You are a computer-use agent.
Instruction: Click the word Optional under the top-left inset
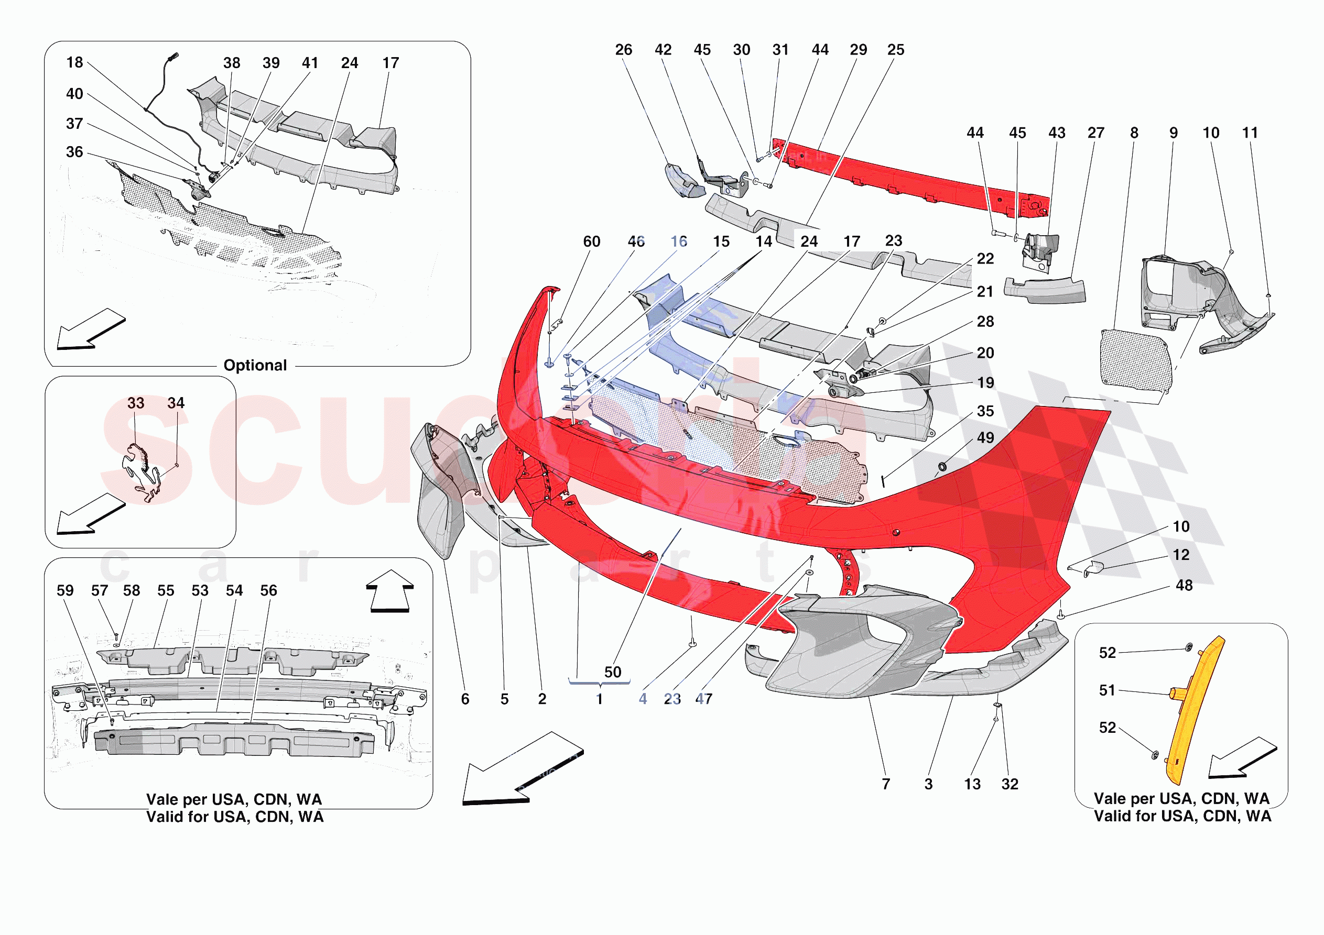(x=255, y=366)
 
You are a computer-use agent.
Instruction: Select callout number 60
(x=592, y=241)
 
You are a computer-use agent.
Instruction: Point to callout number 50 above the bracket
(x=612, y=672)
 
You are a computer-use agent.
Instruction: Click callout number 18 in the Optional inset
(x=74, y=62)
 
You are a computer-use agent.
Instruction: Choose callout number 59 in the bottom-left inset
(x=65, y=590)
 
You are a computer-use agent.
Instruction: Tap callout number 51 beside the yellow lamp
(x=1107, y=690)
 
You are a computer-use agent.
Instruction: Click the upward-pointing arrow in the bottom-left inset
(x=390, y=591)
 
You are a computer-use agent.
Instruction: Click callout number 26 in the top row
(x=623, y=50)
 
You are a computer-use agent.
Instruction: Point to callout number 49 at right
(x=985, y=437)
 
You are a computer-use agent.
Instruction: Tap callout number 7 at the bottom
(x=886, y=784)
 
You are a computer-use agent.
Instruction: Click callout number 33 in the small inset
(x=136, y=403)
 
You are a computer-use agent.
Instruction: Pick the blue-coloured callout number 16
(x=679, y=241)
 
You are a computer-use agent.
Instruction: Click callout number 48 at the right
(x=1184, y=586)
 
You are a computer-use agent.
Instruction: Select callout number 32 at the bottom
(x=1010, y=784)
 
